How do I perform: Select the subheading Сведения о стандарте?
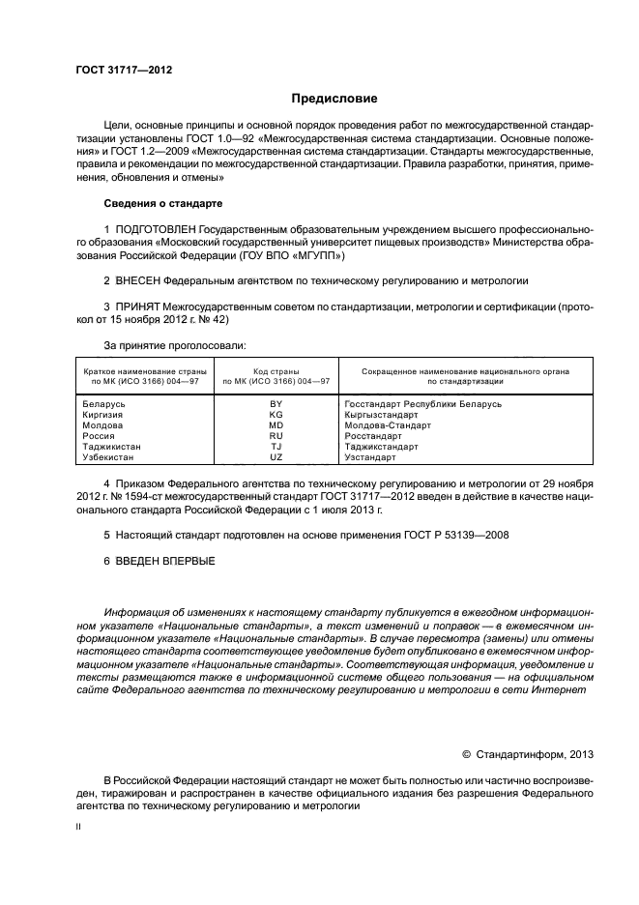pyautogui.click(x=162, y=204)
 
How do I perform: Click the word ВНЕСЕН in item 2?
pyautogui.click(x=136, y=280)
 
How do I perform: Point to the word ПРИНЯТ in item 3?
pyautogui.click(x=137, y=307)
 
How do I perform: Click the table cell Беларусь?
pyautogui.click(x=104, y=403)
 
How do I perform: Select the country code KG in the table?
pyautogui.click(x=276, y=414)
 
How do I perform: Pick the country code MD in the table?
pyautogui.click(x=276, y=424)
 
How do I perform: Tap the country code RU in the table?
pyautogui.click(x=276, y=435)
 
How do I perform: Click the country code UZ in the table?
pyautogui.click(x=276, y=456)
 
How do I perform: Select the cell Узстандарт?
pyautogui.click(x=371, y=456)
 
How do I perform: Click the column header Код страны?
pyautogui.click(x=276, y=371)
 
